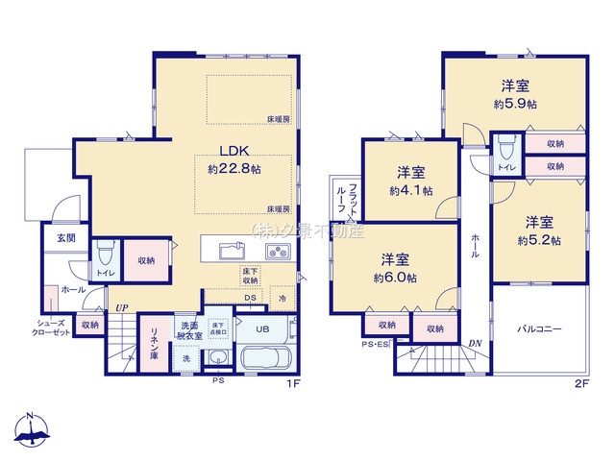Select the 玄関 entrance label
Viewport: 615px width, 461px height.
(64, 237)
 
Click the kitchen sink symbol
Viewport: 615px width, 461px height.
(232, 253)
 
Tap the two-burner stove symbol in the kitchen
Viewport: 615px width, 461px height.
(277, 253)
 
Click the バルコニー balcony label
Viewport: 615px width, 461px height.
(541, 328)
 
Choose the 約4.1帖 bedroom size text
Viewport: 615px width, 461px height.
(410, 191)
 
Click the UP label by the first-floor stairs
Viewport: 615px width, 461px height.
(122, 307)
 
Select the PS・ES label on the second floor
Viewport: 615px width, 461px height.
(376, 345)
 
